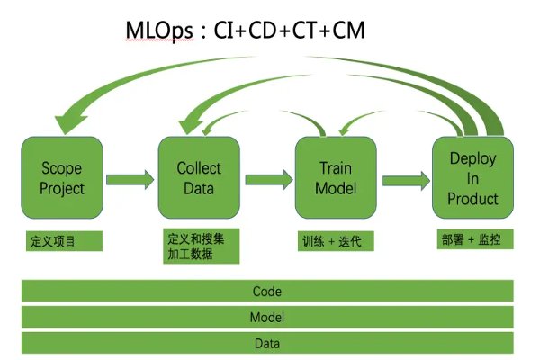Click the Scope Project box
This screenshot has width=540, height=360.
[x=62, y=178]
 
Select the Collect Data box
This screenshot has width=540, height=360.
[x=199, y=178]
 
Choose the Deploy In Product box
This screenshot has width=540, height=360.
[x=472, y=178]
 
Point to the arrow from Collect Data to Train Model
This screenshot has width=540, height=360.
[x=266, y=179]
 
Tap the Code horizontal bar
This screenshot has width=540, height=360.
[x=267, y=292]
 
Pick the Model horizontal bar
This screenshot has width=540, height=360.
[x=267, y=318]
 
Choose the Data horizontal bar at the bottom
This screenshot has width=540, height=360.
[x=267, y=343]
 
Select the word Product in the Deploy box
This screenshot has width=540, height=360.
[x=472, y=200]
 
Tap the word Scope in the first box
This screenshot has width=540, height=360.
[x=62, y=168]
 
